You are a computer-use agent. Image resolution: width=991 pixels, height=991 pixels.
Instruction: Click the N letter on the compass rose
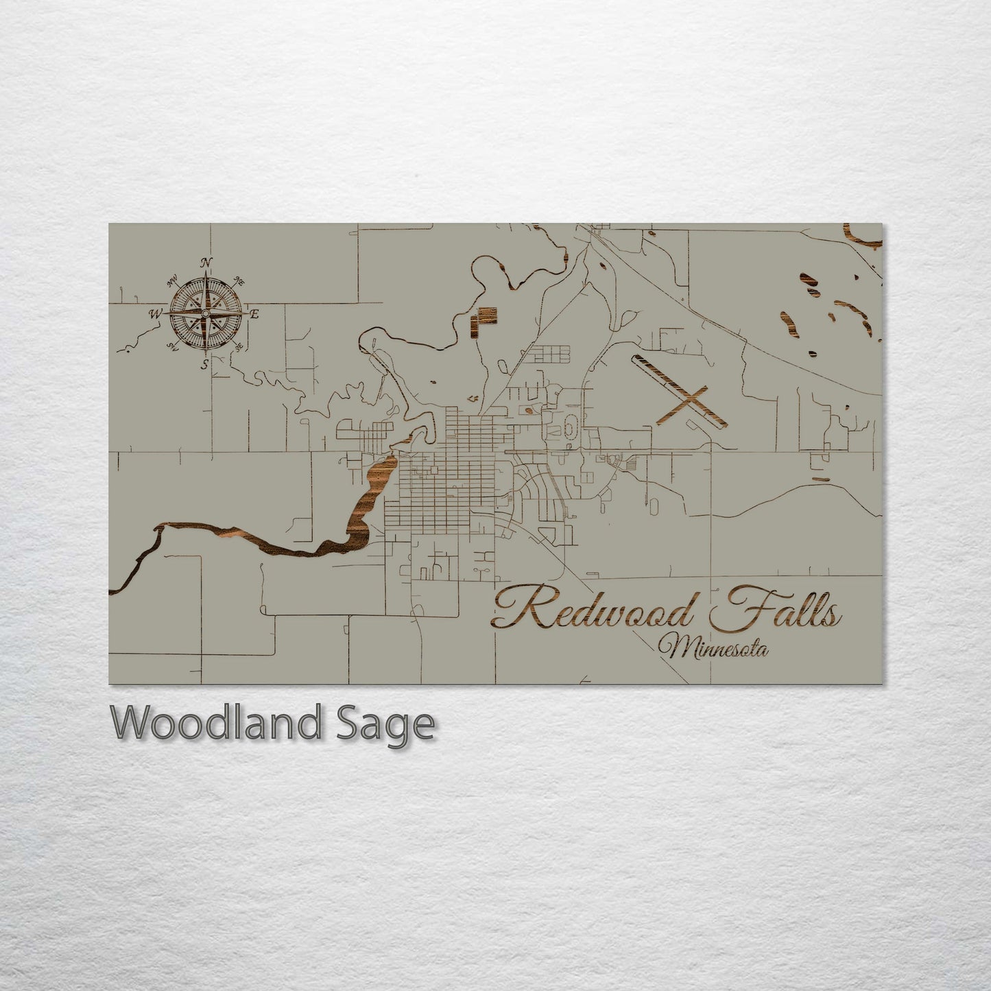pos(204,262)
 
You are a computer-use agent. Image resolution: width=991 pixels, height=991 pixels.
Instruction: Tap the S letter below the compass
pos(204,364)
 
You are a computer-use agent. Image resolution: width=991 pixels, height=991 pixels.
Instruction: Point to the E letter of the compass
pos(254,314)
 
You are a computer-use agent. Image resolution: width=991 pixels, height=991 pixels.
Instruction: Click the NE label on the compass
pos(239,280)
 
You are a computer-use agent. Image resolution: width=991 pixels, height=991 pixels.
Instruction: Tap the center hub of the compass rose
pos(204,313)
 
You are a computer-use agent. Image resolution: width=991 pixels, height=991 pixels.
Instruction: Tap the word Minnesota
pos(713,647)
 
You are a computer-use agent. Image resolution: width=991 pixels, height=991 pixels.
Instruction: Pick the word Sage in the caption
pos(385,724)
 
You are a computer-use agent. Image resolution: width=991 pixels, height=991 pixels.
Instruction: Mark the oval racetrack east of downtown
pos(569,431)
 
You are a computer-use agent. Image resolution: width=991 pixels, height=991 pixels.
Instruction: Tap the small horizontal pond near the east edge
pos(820,479)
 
